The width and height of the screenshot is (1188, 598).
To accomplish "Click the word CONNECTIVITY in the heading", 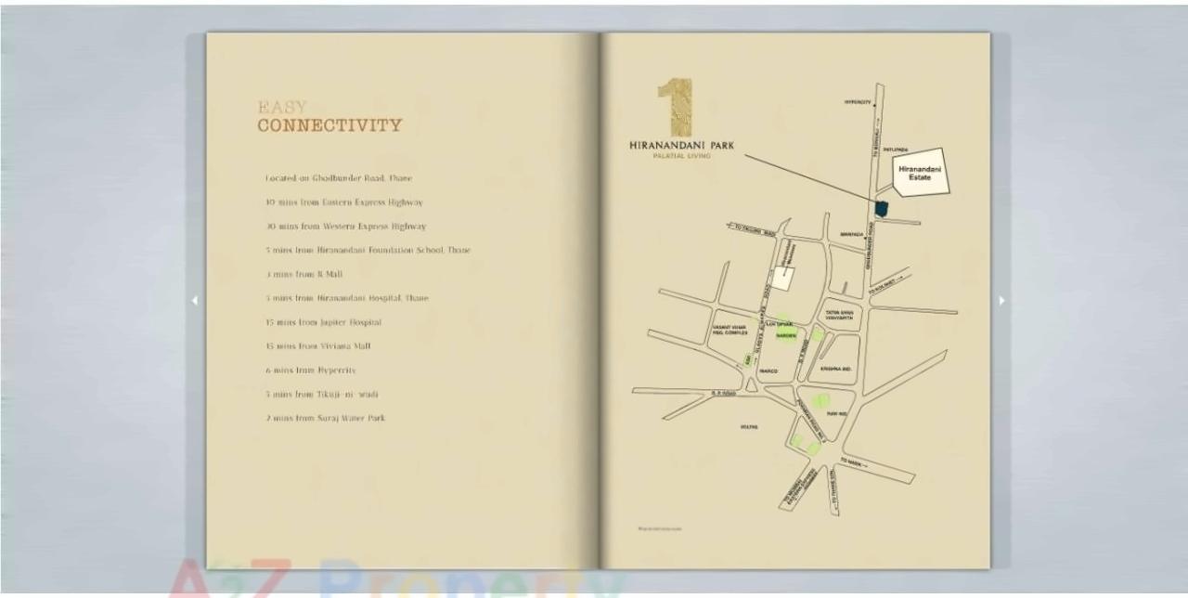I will point(329,125).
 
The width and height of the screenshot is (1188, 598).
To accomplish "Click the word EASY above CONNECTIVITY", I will point(282,108).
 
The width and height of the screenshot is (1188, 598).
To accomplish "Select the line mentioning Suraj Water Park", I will point(325,418).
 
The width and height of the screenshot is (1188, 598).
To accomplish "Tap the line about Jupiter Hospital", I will point(323,322).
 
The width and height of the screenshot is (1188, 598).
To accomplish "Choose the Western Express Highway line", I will point(345,226).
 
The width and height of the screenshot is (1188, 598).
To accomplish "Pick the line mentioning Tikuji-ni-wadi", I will point(321,394).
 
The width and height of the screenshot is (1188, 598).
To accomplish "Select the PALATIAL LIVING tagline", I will point(682,156).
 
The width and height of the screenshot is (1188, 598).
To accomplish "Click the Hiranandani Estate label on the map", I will point(920,173).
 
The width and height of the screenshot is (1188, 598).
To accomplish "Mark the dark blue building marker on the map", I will point(881,208).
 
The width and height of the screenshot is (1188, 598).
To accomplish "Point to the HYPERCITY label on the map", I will point(858,102).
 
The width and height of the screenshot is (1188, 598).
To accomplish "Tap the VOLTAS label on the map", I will point(749,427).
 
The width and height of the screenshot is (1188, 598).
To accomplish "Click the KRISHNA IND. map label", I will point(836,369).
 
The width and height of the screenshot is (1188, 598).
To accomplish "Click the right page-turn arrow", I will point(1001,300).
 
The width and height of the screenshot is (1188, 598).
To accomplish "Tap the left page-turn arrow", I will point(194,300).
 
